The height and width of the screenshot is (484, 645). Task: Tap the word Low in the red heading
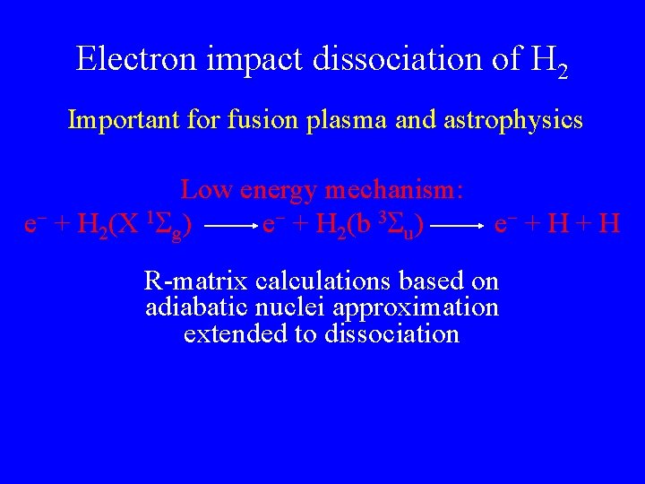point(202,189)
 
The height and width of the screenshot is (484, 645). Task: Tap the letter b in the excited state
point(361,222)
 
